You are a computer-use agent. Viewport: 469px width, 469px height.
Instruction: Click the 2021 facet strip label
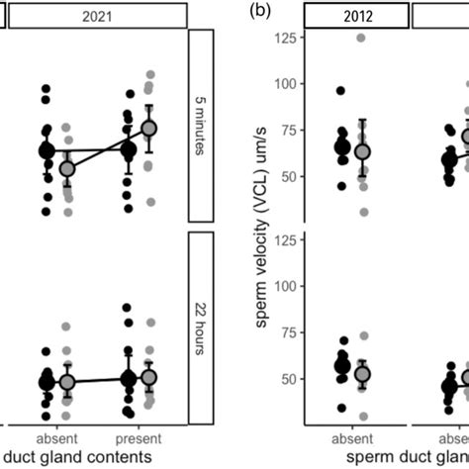click(x=97, y=16)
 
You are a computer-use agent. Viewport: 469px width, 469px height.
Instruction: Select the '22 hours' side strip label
click(x=201, y=327)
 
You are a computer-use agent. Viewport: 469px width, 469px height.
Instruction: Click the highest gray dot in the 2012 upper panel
click(x=362, y=39)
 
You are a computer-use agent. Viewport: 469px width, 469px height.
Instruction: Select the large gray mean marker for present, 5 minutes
click(x=149, y=129)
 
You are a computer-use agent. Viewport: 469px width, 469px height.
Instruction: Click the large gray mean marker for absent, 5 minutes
click(x=66, y=169)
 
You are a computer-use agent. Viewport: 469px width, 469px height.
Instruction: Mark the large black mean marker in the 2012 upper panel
click(x=342, y=147)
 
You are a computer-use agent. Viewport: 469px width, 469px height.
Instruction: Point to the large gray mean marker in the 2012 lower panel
click(x=362, y=374)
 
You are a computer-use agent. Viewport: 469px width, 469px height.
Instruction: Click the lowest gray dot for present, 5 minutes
click(x=150, y=202)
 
